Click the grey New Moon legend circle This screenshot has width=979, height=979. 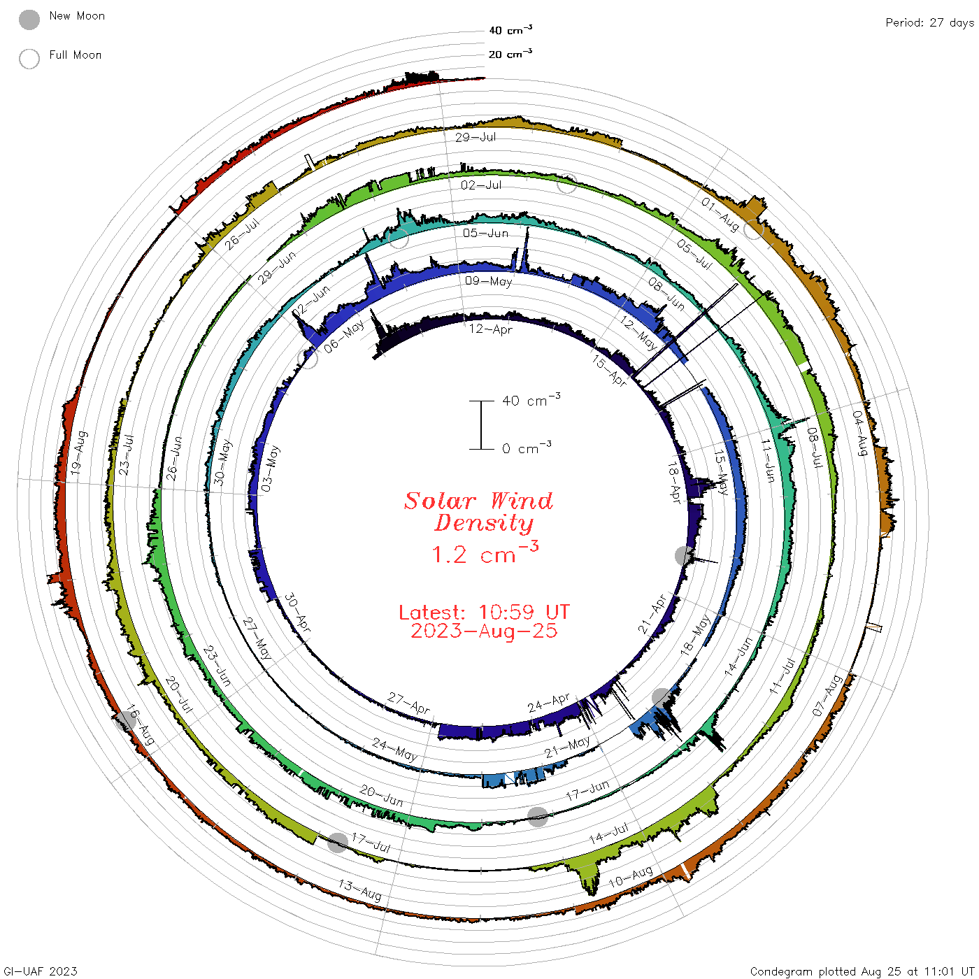click(29, 20)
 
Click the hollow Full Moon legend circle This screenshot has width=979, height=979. click(29, 59)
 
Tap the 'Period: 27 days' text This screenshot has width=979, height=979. click(930, 23)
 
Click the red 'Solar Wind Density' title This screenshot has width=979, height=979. click(478, 512)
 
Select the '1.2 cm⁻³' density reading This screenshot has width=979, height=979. click(485, 553)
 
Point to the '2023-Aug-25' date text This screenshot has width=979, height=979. click(484, 631)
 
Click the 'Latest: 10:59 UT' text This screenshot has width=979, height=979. click(484, 612)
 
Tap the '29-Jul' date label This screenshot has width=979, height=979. click(475, 137)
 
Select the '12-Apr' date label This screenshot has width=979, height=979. click(491, 329)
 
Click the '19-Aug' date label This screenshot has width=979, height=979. click(79, 452)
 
